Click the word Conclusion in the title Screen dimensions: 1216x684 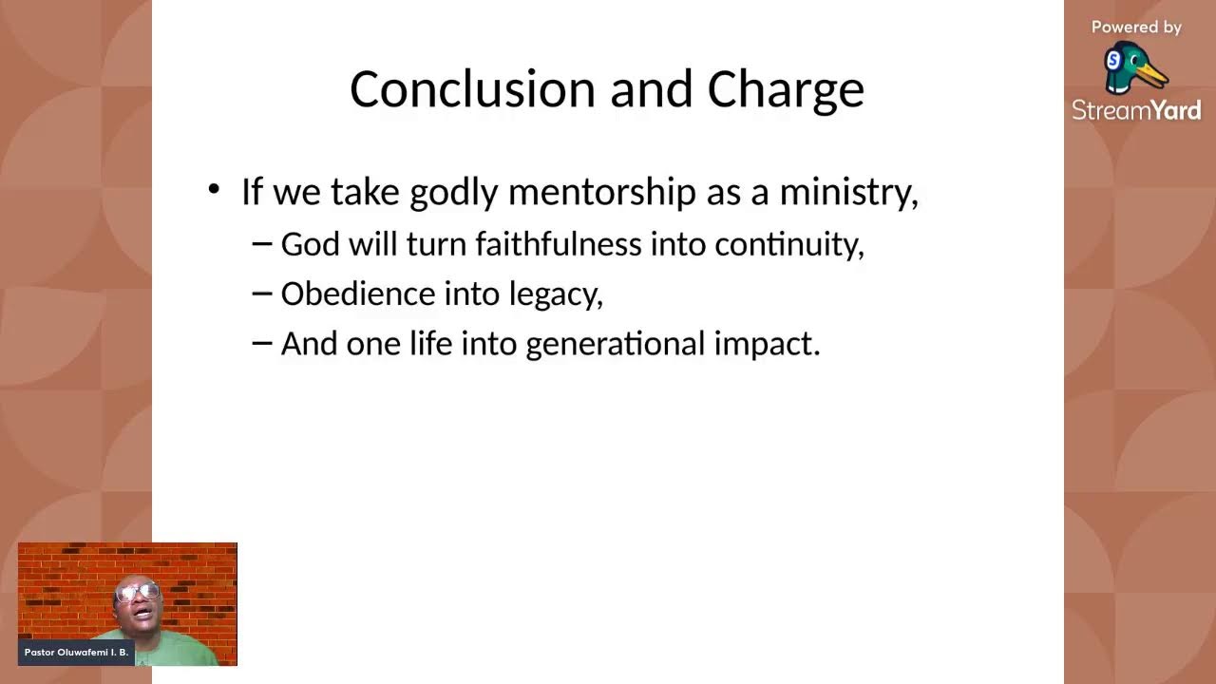473,89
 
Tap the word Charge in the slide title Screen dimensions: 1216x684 786,92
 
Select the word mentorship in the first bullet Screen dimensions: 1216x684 602,192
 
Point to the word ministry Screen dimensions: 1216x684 849,193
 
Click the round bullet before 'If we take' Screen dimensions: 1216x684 214,189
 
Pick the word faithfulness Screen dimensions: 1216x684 559,244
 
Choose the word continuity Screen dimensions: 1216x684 789,245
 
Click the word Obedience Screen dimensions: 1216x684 358,294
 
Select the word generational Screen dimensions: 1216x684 616,345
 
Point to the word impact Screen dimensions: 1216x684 767,345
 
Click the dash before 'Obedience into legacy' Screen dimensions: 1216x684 262,294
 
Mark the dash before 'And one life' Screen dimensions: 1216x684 262,343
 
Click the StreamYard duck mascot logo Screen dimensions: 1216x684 1135,68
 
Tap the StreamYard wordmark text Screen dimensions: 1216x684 1136,110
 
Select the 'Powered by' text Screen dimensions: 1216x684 1136,28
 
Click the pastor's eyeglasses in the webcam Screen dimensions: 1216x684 138,592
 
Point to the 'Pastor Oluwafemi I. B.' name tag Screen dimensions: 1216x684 76,653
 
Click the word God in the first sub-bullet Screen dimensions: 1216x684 311,244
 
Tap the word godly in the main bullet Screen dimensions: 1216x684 454,193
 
